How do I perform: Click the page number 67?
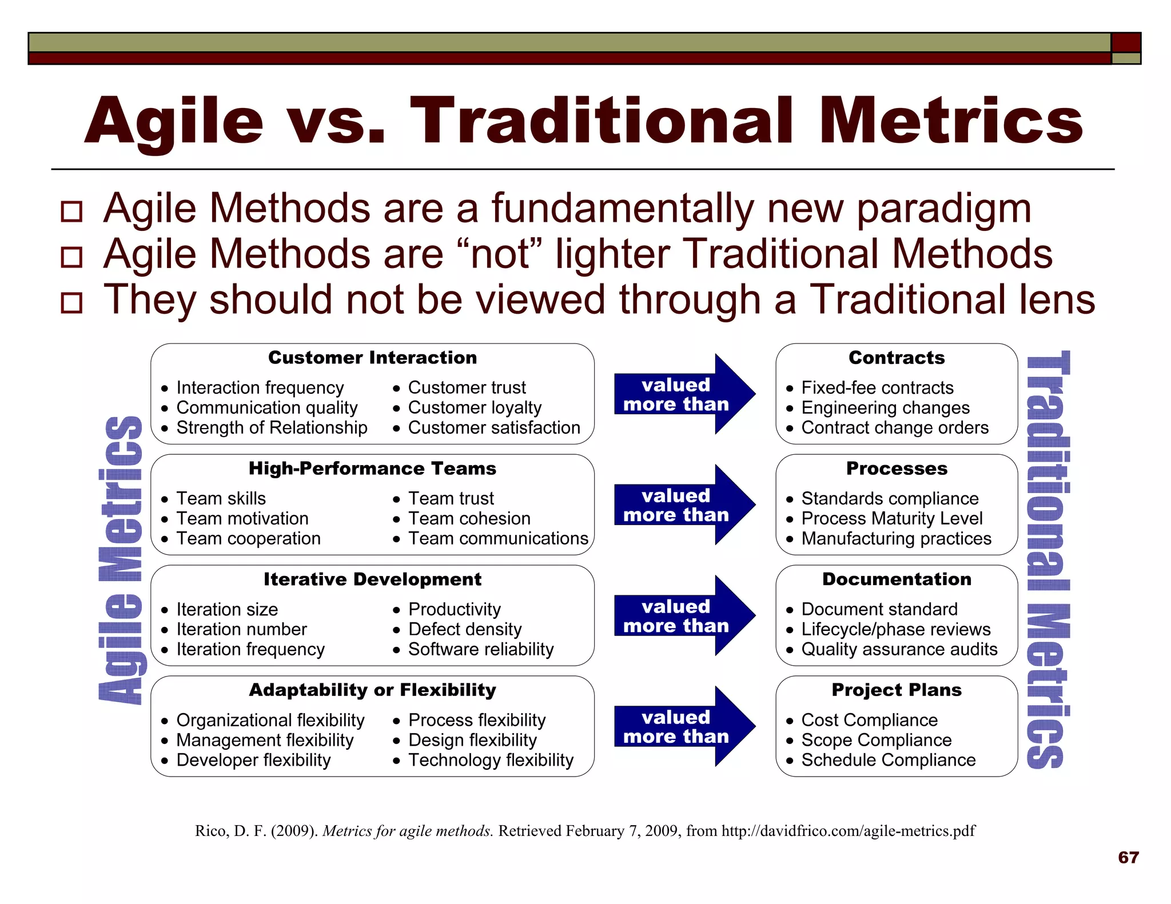click(1128, 857)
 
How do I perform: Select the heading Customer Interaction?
click(372, 358)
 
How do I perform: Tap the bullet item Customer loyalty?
click(474, 407)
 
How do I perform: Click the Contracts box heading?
click(896, 358)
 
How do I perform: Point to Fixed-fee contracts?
click(877, 387)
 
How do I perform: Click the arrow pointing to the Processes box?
click(684, 505)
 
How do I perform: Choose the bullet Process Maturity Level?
click(891, 518)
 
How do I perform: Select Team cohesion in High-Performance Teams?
click(469, 518)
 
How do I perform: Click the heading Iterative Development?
click(372, 579)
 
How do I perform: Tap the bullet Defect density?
click(464, 629)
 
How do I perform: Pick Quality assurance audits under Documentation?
click(899, 649)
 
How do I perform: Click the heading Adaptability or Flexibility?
click(372, 690)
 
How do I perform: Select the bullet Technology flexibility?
click(490, 760)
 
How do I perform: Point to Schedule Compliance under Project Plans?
click(888, 760)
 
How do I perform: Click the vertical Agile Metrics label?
click(120, 560)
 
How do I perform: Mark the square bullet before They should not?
click(72, 302)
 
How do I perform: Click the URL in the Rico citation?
click(848, 831)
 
